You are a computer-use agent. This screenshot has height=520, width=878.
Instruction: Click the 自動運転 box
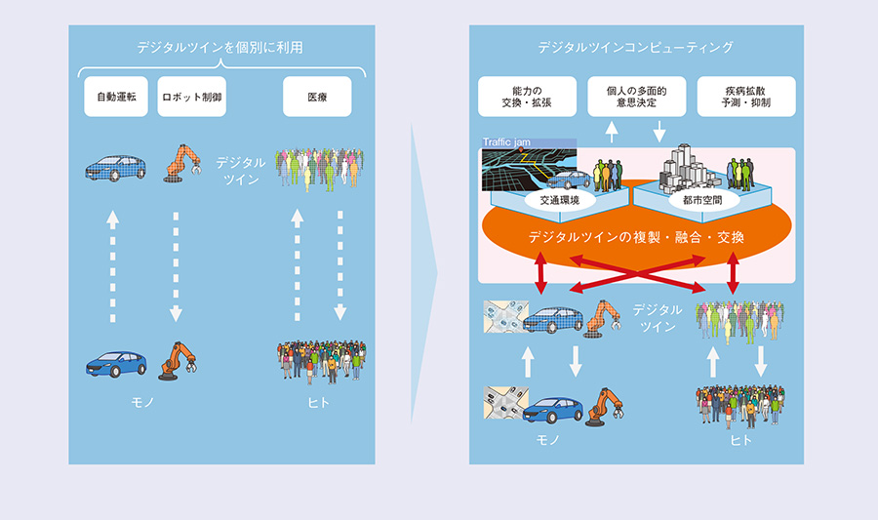click(x=116, y=97)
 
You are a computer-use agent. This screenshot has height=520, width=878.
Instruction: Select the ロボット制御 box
click(x=191, y=97)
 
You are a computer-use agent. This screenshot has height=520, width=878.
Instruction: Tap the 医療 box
click(x=317, y=97)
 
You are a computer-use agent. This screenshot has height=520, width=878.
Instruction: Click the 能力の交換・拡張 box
click(x=527, y=97)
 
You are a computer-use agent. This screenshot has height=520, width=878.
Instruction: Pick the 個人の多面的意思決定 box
click(x=637, y=97)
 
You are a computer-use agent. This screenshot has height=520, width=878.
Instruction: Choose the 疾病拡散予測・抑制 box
click(x=746, y=97)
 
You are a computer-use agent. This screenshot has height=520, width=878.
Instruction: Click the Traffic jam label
click(x=506, y=142)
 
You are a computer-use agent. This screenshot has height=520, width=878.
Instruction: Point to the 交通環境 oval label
click(x=559, y=200)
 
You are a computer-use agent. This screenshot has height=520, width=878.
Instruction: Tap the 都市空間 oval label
click(x=702, y=200)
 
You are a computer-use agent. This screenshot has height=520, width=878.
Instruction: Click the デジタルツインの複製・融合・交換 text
click(x=636, y=237)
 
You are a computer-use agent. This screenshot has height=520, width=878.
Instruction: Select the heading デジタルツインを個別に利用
click(x=220, y=48)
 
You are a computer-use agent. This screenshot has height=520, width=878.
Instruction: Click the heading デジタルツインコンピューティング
click(x=635, y=48)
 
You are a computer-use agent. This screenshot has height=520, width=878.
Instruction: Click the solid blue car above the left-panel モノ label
click(x=116, y=364)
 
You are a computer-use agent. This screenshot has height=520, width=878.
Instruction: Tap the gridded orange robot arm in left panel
click(x=182, y=163)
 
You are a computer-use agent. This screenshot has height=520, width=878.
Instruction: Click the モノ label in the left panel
click(x=142, y=403)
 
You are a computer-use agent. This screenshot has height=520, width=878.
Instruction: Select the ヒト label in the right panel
click(x=740, y=440)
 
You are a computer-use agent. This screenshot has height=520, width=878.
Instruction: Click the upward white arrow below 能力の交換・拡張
click(x=612, y=132)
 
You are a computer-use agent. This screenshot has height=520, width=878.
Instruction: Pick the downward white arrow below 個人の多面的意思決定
click(x=659, y=132)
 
